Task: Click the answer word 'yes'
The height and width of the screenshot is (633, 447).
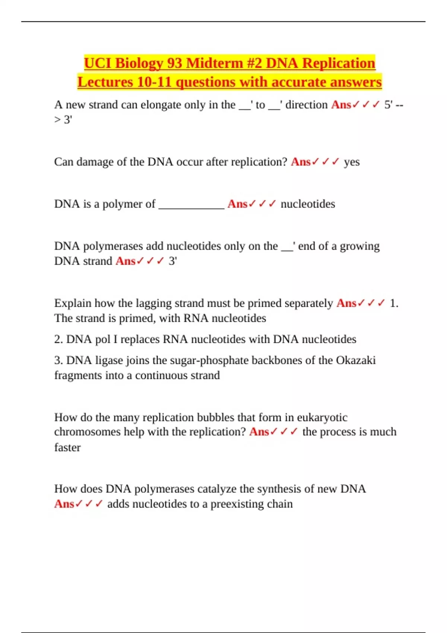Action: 352,162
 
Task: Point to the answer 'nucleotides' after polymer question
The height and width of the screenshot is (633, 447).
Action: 308,204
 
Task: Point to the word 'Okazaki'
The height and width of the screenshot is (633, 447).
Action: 355,360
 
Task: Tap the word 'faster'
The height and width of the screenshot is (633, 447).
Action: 67,447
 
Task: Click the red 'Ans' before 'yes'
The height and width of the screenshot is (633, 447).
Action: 300,162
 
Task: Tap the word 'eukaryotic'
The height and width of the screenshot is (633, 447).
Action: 322,417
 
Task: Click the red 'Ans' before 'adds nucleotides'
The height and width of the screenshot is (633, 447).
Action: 64,504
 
